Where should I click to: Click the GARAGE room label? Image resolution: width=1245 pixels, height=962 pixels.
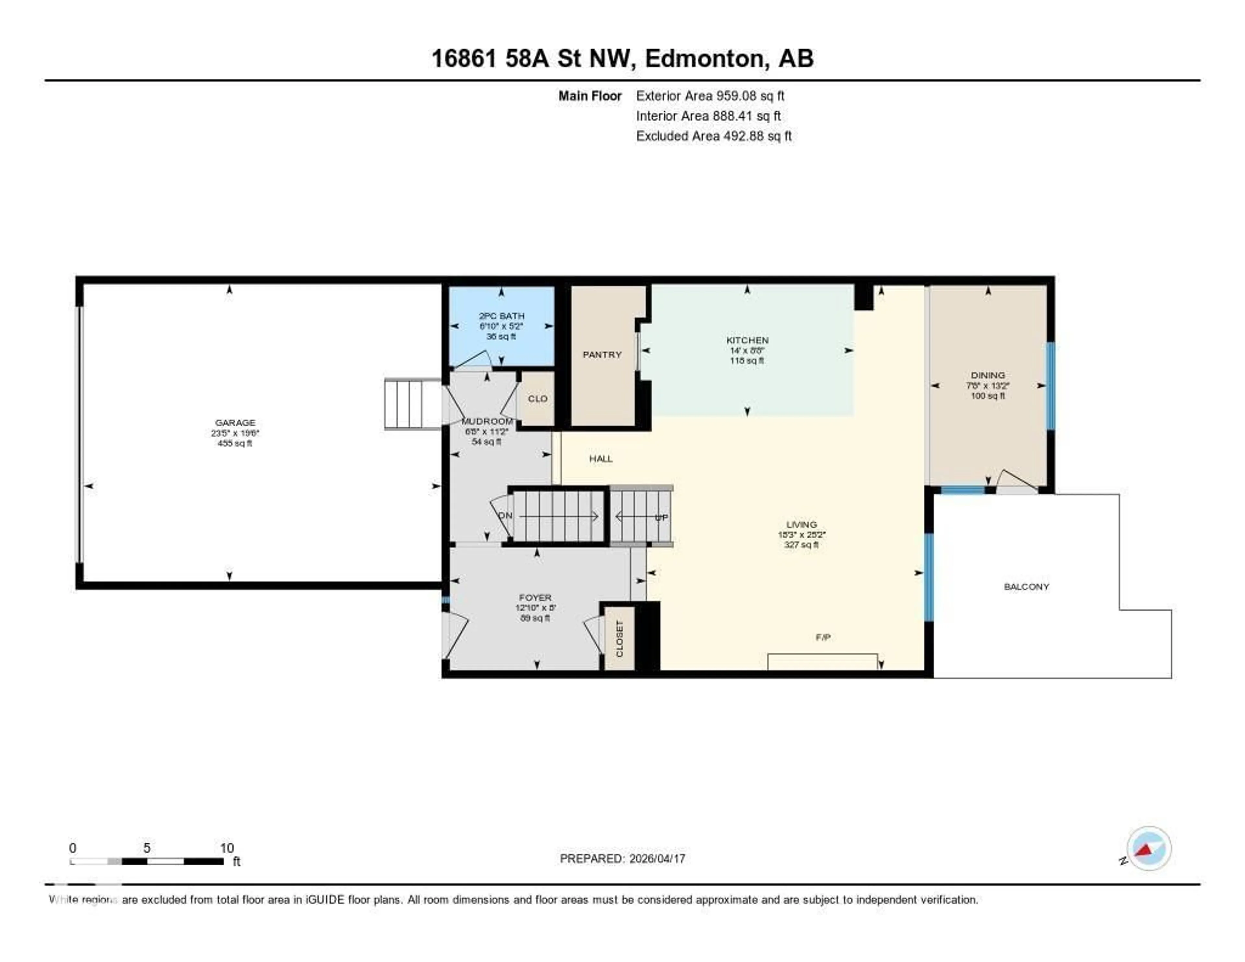pos(235,423)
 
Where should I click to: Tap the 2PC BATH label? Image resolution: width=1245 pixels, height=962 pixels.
pos(501,316)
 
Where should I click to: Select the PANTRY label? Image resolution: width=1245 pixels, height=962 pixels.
pos(602,355)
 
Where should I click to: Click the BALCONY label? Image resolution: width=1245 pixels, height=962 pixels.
pos(1026,587)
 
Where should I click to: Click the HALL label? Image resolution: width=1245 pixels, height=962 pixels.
pos(601,459)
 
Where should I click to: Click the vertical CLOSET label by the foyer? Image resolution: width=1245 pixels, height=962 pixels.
pos(620,639)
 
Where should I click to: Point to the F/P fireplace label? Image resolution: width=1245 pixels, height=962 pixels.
pos(823,638)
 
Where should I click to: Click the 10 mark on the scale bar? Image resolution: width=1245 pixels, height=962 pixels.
pos(227,848)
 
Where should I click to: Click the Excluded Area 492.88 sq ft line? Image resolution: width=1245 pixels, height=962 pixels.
pos(713,136)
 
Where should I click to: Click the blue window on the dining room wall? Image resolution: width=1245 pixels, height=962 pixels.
pos(1050,386)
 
